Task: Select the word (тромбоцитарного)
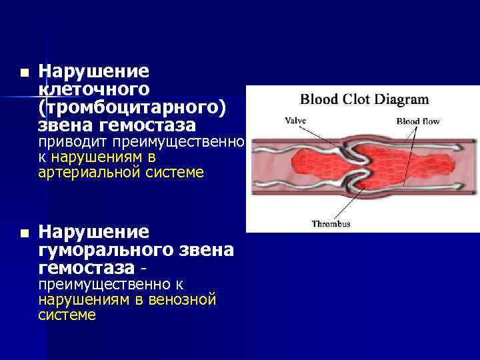click(131, 107)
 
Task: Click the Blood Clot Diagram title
click(364, 100)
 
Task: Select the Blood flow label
click(418, 121)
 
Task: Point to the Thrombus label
click(331, 224)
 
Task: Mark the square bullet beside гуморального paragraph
click(24, 233)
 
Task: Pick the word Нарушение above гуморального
click(94, 232)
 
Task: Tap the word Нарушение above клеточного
click(94, 71)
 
